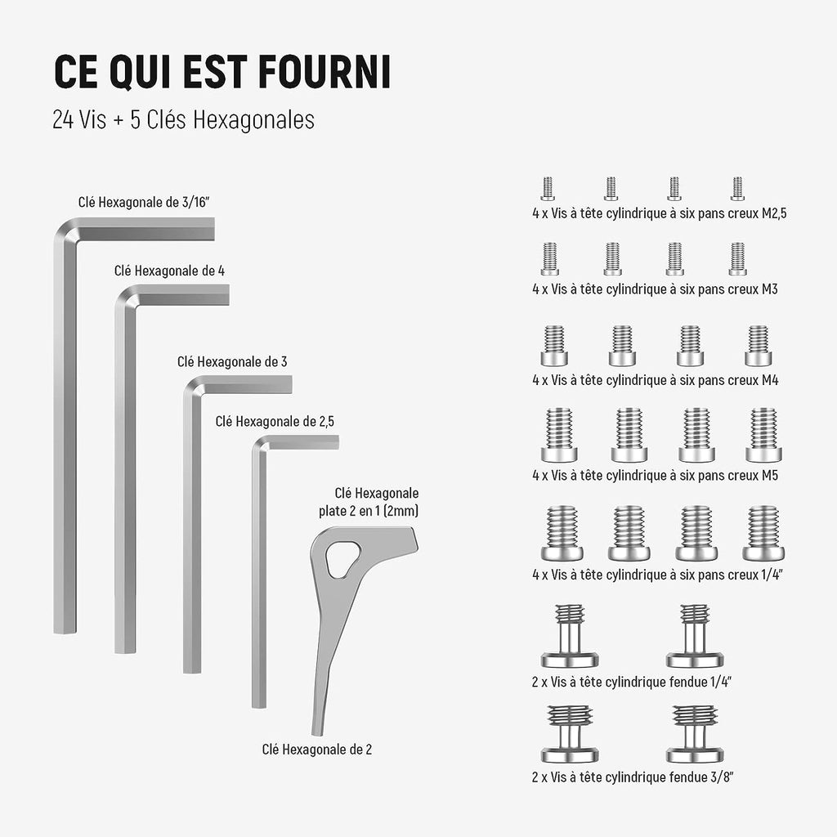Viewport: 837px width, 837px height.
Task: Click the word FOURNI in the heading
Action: tap(325, 71)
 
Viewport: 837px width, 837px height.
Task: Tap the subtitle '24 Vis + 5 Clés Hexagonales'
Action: tap(184, 119)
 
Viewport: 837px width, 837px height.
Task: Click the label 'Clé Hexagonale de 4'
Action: tap(169, 271)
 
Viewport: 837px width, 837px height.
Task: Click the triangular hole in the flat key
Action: tap(342, 559)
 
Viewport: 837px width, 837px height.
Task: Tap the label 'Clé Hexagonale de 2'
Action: tap(317, 750)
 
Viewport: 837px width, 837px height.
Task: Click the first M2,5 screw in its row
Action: tap(548, 189)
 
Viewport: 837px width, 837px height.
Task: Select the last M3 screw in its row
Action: tap(738, 259)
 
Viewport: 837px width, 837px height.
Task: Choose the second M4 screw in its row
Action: tap(622, 346)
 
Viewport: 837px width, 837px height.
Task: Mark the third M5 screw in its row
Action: tap(696, 435)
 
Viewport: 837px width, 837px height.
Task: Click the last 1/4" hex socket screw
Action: tap(763, 533)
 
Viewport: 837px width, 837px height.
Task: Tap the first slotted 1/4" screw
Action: tap(570, 636)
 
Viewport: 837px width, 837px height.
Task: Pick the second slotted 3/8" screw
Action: tap(695, 734)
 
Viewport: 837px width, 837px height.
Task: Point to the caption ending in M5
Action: tap(655, 475)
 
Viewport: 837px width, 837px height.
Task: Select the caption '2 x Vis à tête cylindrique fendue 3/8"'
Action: tap(633, 777)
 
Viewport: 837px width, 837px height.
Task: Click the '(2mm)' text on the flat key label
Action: tap(401, 511)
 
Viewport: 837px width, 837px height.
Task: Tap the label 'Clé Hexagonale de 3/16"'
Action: tap(144, 203)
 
